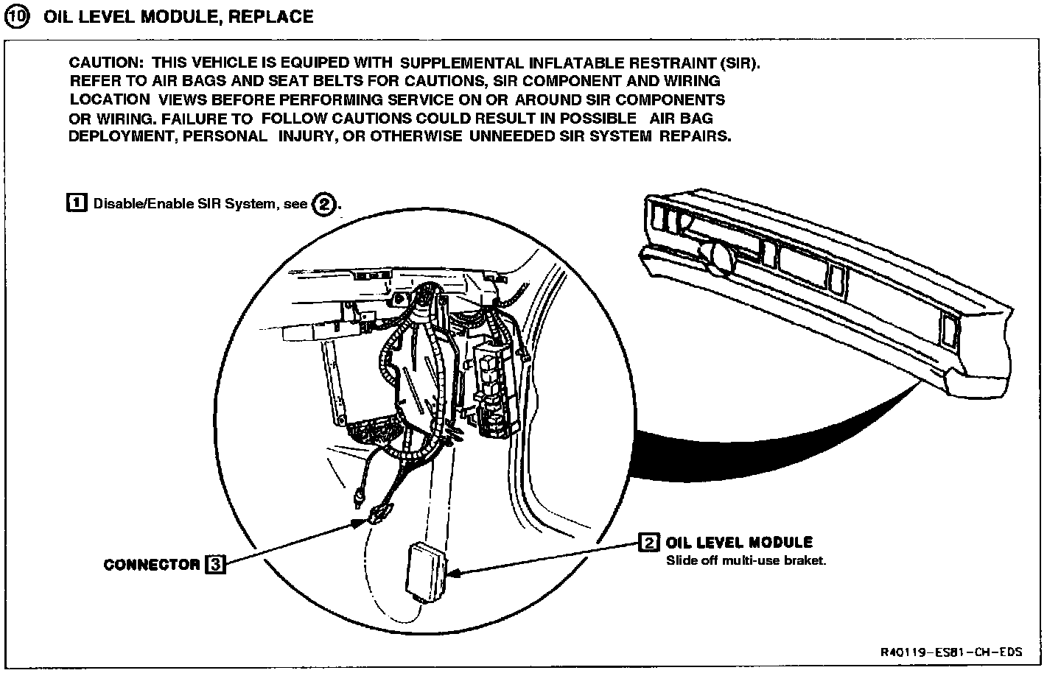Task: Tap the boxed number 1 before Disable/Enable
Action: tap(77, 202)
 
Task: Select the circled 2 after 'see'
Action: tap(324, 204)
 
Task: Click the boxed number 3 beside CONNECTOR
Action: tap(214, 565)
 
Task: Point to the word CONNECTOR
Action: tap(152, 565)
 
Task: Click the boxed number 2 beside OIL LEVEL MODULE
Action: tap(648, 543)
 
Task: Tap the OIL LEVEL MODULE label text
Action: tap(739, 543)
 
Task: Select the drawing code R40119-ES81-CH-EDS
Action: tap(951, 652)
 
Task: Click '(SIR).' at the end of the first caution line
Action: tap(739, 63)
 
